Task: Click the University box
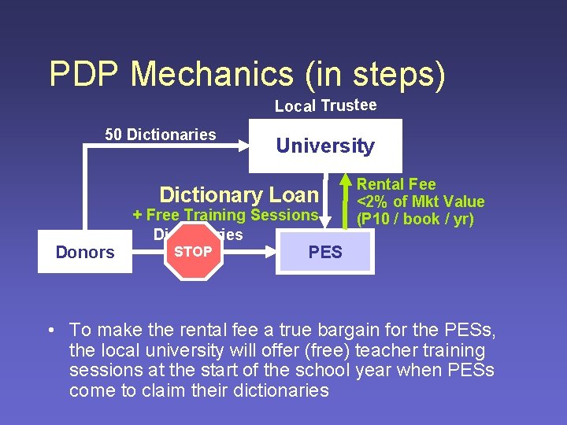pos(325,146)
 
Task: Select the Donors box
pos(85,252)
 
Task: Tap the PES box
pos(325,252)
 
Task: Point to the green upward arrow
pos(344,200)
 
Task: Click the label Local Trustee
pos(325,105)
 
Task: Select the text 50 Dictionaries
pos(161,135)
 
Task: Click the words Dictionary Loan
pos(239,194)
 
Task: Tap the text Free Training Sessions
pos(232,215)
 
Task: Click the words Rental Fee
pos(396,184)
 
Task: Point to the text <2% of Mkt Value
pos(421,201)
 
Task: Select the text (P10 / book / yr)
pos(415,219)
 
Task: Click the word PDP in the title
pos(85,74)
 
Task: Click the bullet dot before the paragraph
pos(50,330)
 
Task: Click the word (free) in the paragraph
pos(331,350)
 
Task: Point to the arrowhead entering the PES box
pos(270,252)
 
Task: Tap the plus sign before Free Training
pos(138,215)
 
